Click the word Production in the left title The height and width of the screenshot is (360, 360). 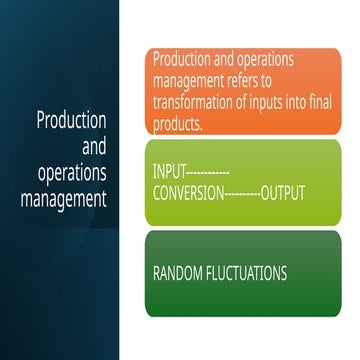point(71,121)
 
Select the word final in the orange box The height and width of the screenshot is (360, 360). point(317,102)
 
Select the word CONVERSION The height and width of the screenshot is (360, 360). point(191,191)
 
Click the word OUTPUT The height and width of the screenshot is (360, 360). point(282,191)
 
